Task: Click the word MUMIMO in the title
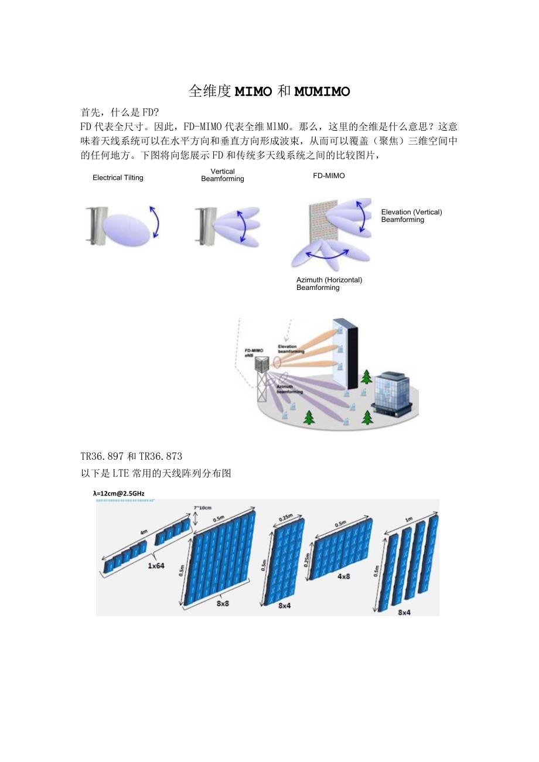coord(322,91)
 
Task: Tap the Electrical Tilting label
coord(118,178)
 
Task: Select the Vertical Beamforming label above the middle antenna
coord(223,175)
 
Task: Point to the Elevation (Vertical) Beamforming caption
coord(411,216)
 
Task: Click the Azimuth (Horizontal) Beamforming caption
coord(329,283)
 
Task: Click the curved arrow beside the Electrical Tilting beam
coord(155,222)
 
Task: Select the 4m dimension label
coord(143,532)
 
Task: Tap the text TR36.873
coord(162,456)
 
